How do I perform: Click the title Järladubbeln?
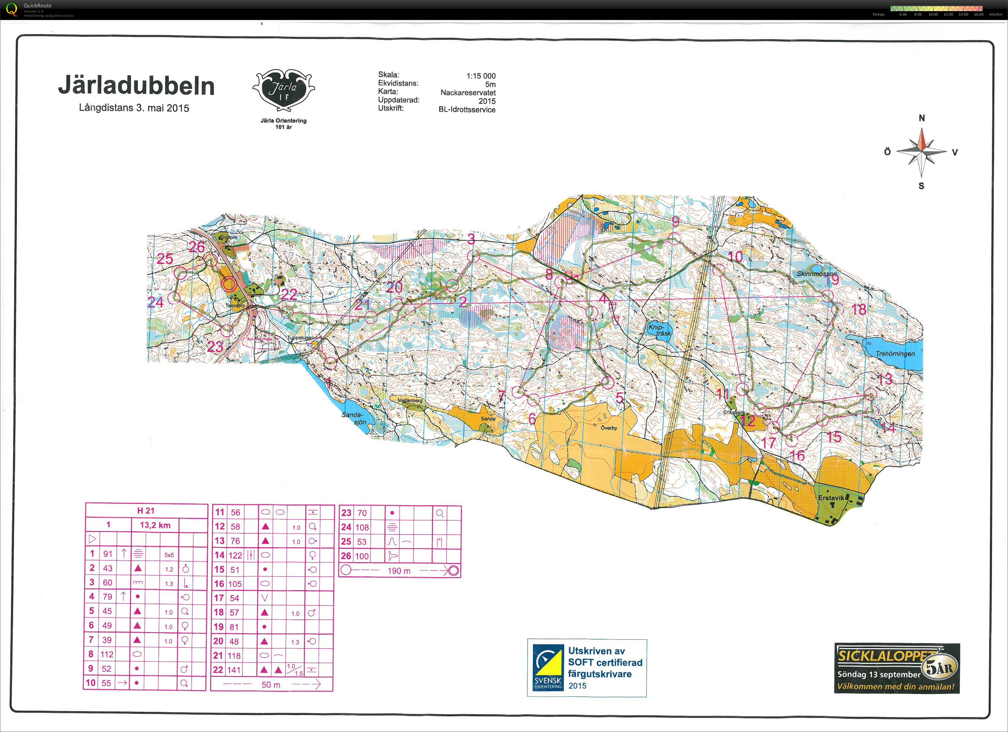(136, 86)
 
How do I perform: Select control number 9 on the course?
(675, 220)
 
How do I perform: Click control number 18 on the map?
(859, 310)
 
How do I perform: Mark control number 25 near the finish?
(165, 258)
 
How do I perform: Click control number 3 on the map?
(471, 239)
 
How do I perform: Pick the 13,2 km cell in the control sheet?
(155, 525)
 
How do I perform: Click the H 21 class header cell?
(146, 511)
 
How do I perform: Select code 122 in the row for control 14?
(235, 555)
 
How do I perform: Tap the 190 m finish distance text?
(399, 571)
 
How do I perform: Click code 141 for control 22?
(234, 670)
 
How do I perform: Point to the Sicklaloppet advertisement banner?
(897, 667)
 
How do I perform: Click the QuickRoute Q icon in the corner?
(12, 9)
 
